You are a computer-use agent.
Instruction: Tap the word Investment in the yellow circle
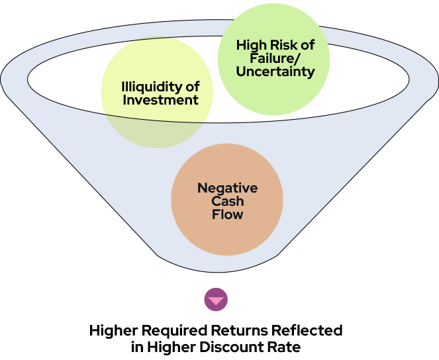(x=161, y=100)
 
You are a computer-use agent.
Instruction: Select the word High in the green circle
(x=252, y=46)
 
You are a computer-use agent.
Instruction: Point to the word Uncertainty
(x=275, y=71)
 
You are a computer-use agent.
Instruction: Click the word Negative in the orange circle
(x=227, y=188)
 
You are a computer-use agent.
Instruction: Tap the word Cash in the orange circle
(x=227, y=201)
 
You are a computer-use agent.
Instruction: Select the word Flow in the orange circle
(x=227, y=214)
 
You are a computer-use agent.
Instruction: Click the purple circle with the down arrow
(x=216, y=300)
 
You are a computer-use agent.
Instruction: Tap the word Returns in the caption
(x=231, y=330)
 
